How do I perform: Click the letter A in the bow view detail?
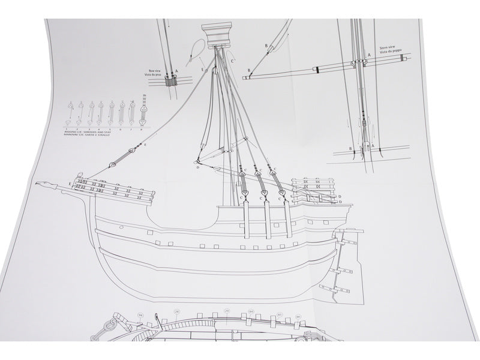click(176, 71)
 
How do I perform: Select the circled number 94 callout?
click(124, 314)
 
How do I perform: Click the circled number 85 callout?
click(279, 314)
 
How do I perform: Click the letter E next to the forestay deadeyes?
click(145, 145)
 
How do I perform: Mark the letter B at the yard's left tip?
click(247, 70)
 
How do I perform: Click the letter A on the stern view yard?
click(369, 55)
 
